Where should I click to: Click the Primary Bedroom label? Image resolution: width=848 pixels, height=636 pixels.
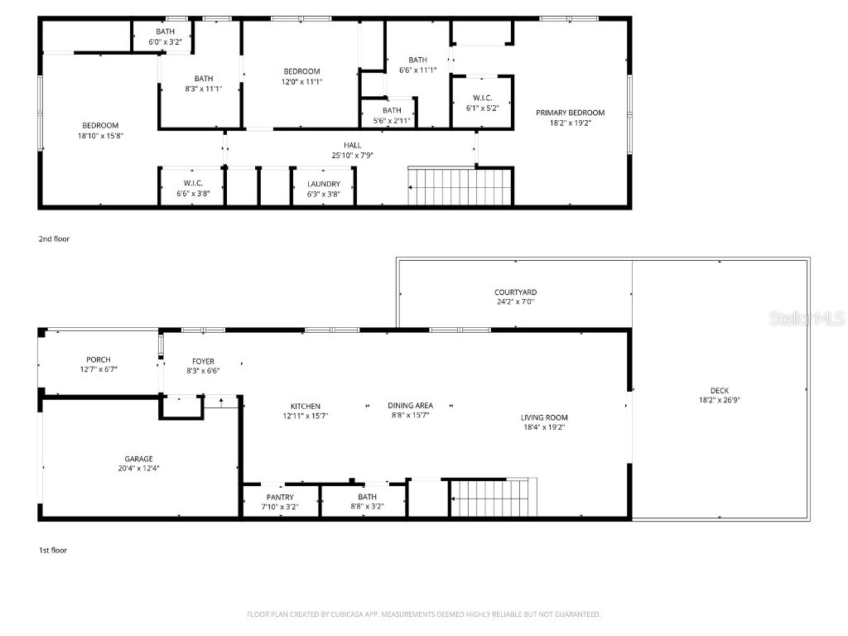pyautogui.click(x=570, y=113)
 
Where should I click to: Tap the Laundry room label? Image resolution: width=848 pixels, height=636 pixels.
pyautogui.click(x=323, y=184)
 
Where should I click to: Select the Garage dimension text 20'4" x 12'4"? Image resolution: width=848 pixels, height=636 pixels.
pyautogui.click(x=138, y=469)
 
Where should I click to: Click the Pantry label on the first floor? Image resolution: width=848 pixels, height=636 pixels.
pyautogui.click(x=280, y=497)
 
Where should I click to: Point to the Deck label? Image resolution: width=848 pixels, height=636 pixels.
pyautogui.click(x=720, y=391)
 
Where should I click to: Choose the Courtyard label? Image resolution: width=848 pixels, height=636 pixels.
pyautogui.click(x=515, y=292)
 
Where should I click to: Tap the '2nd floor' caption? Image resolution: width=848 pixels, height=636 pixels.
pyautogui.click(x=54, y=238)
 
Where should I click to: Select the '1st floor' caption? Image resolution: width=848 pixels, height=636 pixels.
pyautogui.click(x=54, y=550)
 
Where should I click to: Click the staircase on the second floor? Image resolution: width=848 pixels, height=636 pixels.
pyautogui.click(x=460, y=186)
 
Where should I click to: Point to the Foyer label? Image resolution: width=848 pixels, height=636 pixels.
pyautogui.click(x=203, y=361)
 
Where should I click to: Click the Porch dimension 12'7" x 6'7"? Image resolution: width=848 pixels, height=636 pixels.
pyautogui.click(x=99, y=369)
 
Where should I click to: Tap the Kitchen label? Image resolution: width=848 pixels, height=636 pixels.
pyautogui.click(x=305, y=406)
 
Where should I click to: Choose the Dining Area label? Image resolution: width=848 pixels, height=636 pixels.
pyautogui.click(x=410, y=405)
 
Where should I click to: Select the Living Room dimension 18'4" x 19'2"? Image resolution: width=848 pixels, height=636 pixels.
pyautogui.click(x=542, y=427)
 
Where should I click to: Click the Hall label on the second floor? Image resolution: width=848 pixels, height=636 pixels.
pyautogui.click(x=353, y=145)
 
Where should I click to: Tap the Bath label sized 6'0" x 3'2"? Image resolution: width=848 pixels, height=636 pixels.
pyautogui.click(x=166, y=31)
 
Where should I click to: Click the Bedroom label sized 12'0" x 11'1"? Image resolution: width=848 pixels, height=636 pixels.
pyautogui.click(x=301, y=71)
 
